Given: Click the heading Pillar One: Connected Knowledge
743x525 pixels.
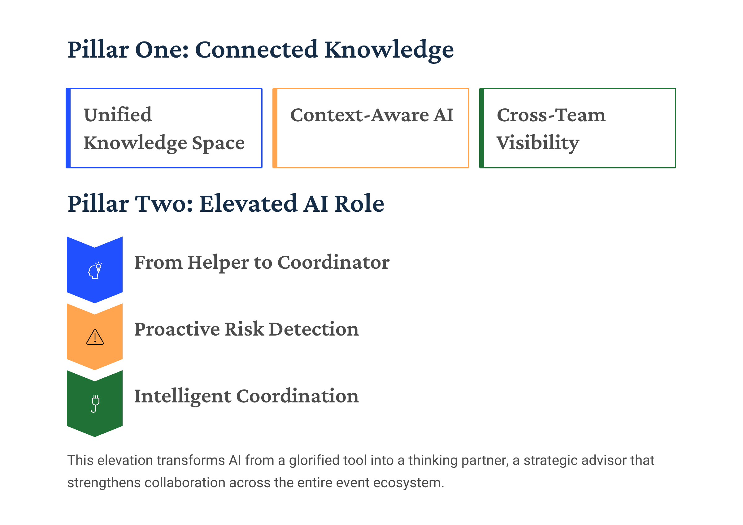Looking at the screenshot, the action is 260,50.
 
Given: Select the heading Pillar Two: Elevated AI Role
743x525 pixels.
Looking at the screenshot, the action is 226,204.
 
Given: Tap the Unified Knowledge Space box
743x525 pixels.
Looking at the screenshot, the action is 164,128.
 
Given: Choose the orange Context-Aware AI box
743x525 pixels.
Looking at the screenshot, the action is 371,128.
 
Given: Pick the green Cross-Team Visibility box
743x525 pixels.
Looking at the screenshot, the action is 578,128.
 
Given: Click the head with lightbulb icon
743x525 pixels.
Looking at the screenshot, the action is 95,271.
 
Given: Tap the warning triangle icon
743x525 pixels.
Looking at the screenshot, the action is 95,337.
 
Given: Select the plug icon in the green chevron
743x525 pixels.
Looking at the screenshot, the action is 95,404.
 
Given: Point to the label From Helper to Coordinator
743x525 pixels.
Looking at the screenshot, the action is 262,262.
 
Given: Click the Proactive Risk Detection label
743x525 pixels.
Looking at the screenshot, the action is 247,329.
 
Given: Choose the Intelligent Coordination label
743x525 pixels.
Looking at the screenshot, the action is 247,397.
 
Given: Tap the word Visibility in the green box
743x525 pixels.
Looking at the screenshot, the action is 538,143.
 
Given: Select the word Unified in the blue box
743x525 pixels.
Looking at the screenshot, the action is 118,115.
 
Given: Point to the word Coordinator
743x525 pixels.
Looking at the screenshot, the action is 333,262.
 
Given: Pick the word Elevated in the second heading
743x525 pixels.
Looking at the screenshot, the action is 248,204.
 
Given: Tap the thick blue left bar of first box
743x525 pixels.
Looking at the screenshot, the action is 68,128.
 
